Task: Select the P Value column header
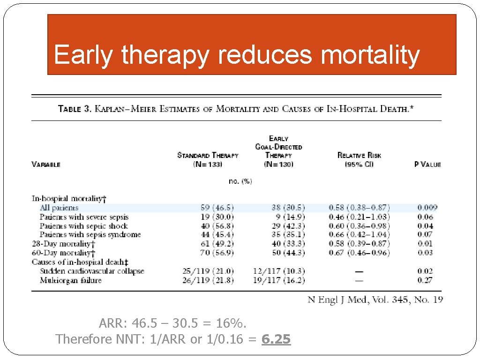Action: (427, 165)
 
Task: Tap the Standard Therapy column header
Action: (208, 159)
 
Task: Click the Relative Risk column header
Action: (359, 159)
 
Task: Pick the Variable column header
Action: (46, 165)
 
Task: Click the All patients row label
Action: (59, 208)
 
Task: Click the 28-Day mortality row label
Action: (63, 244)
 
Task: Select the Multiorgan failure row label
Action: (70, 280)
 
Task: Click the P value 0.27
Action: (425, 280)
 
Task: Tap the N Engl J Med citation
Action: (375, 300)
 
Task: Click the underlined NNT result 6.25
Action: (276, 339)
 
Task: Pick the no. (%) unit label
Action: (240, 181)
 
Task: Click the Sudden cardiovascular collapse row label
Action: (92, 271)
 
